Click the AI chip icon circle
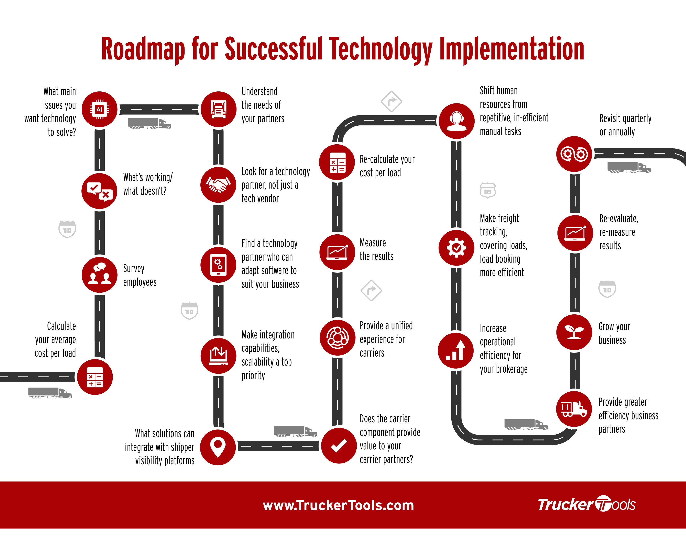click(99, 109)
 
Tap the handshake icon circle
click(219, 185)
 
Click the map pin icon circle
click(218, 447)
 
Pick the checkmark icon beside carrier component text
click(339, 446)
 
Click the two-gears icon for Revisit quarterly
click(574, 154)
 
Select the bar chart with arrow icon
click(456, 350)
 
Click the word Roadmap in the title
click(143, 49)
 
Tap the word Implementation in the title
click(512, 49)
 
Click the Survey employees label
click(140, 275)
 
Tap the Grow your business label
click(614, 333)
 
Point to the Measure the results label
click(377, 249)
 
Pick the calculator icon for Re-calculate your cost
click(337, 162)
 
